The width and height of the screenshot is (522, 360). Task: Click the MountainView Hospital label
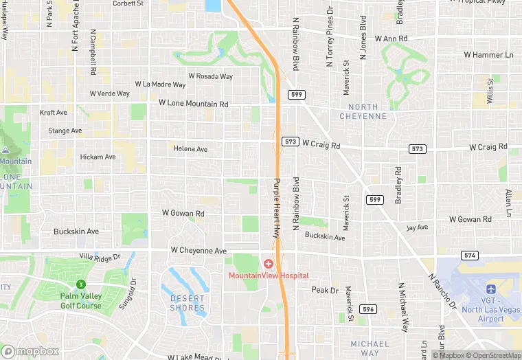(x=269, y=275)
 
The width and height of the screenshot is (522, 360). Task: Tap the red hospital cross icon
(x=268, y=264)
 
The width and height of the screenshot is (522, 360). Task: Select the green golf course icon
(x=81, y=284)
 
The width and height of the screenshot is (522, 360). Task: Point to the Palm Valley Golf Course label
(x=80, y=301)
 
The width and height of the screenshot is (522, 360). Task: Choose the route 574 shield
(x=470, y=255)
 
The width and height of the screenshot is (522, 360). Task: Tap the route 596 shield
(x=368, y=309)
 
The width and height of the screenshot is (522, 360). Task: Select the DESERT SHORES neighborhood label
(x=187, y=303)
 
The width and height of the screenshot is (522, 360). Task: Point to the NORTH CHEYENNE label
(x=363, y=111)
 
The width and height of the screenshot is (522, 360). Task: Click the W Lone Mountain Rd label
(x=193, y=104)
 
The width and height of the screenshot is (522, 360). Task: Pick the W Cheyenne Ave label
(x=198, y=251)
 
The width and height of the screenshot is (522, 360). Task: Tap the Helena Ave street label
(x=190, y=148)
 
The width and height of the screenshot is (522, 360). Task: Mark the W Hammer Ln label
(x=488, y=54)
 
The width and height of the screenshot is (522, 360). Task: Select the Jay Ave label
(x=416, y=227)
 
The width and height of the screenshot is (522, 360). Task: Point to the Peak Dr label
(x=325, y=291)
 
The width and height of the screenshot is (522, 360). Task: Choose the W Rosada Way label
(x=210, y=76)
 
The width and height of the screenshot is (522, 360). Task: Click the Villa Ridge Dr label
(x=100, y=256)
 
